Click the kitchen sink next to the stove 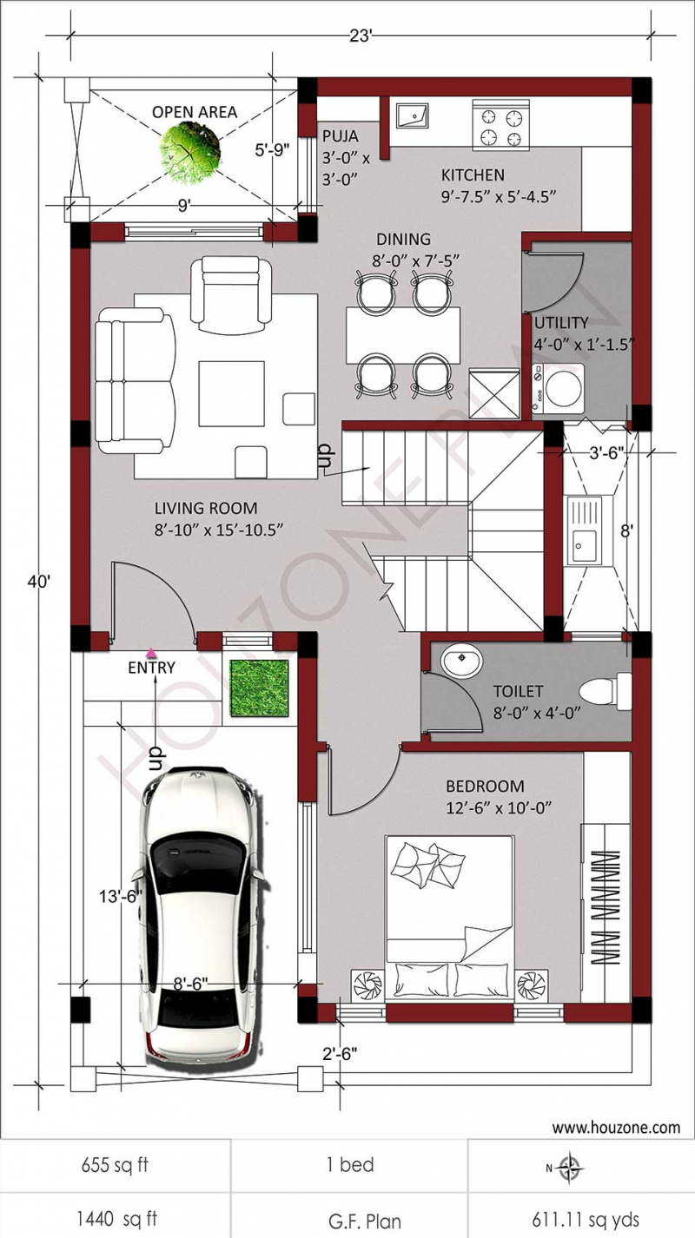412,115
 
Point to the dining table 402,334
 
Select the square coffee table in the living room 231,393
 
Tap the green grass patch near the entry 259,688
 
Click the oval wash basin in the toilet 461,664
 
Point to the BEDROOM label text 485,787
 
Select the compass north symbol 570,1167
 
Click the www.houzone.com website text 616,1128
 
